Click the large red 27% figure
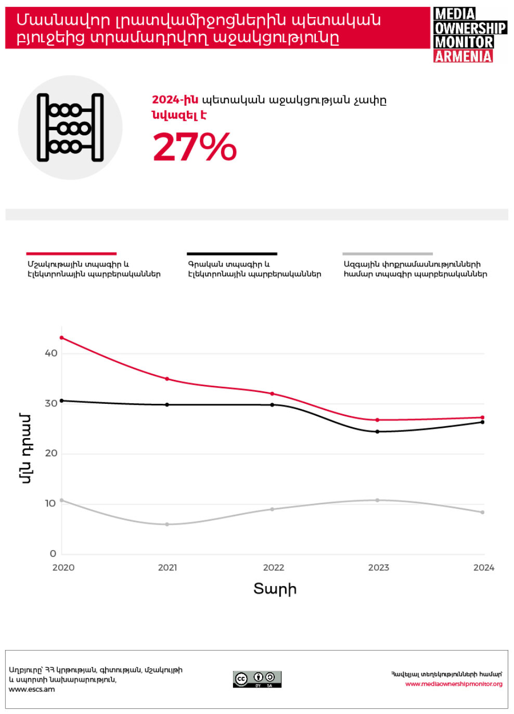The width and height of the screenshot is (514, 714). pos(195,147)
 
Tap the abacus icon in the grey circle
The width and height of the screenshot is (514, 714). pos(70,127)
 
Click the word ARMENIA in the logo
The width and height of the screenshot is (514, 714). pos(463,56)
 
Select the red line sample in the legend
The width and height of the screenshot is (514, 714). pos(71,254)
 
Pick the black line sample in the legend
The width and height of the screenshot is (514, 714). pos(232,254)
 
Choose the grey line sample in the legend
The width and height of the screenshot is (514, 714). pos(388,254)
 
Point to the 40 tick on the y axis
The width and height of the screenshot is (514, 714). pos(51,353)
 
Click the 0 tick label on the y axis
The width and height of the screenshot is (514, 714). pos(53,554)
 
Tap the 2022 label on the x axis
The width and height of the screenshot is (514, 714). pos(274,568)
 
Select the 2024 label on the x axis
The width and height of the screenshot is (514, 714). pos(484,568)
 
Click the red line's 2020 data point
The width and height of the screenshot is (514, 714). pos(62,338)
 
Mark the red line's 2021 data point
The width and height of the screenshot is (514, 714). pos(167,379)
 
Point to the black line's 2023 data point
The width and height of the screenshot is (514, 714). pos(378,431)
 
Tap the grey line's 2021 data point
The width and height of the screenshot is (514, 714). pos(167,524)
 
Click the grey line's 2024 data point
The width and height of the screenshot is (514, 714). pos(483,512)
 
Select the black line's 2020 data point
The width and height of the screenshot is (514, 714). pos(62,401)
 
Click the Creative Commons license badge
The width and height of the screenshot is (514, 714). pos(257,679)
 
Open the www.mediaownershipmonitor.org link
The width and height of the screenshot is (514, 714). pos(454,684)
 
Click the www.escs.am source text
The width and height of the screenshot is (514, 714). pos(32,690)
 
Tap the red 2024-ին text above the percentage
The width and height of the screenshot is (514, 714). pos(175,100)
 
